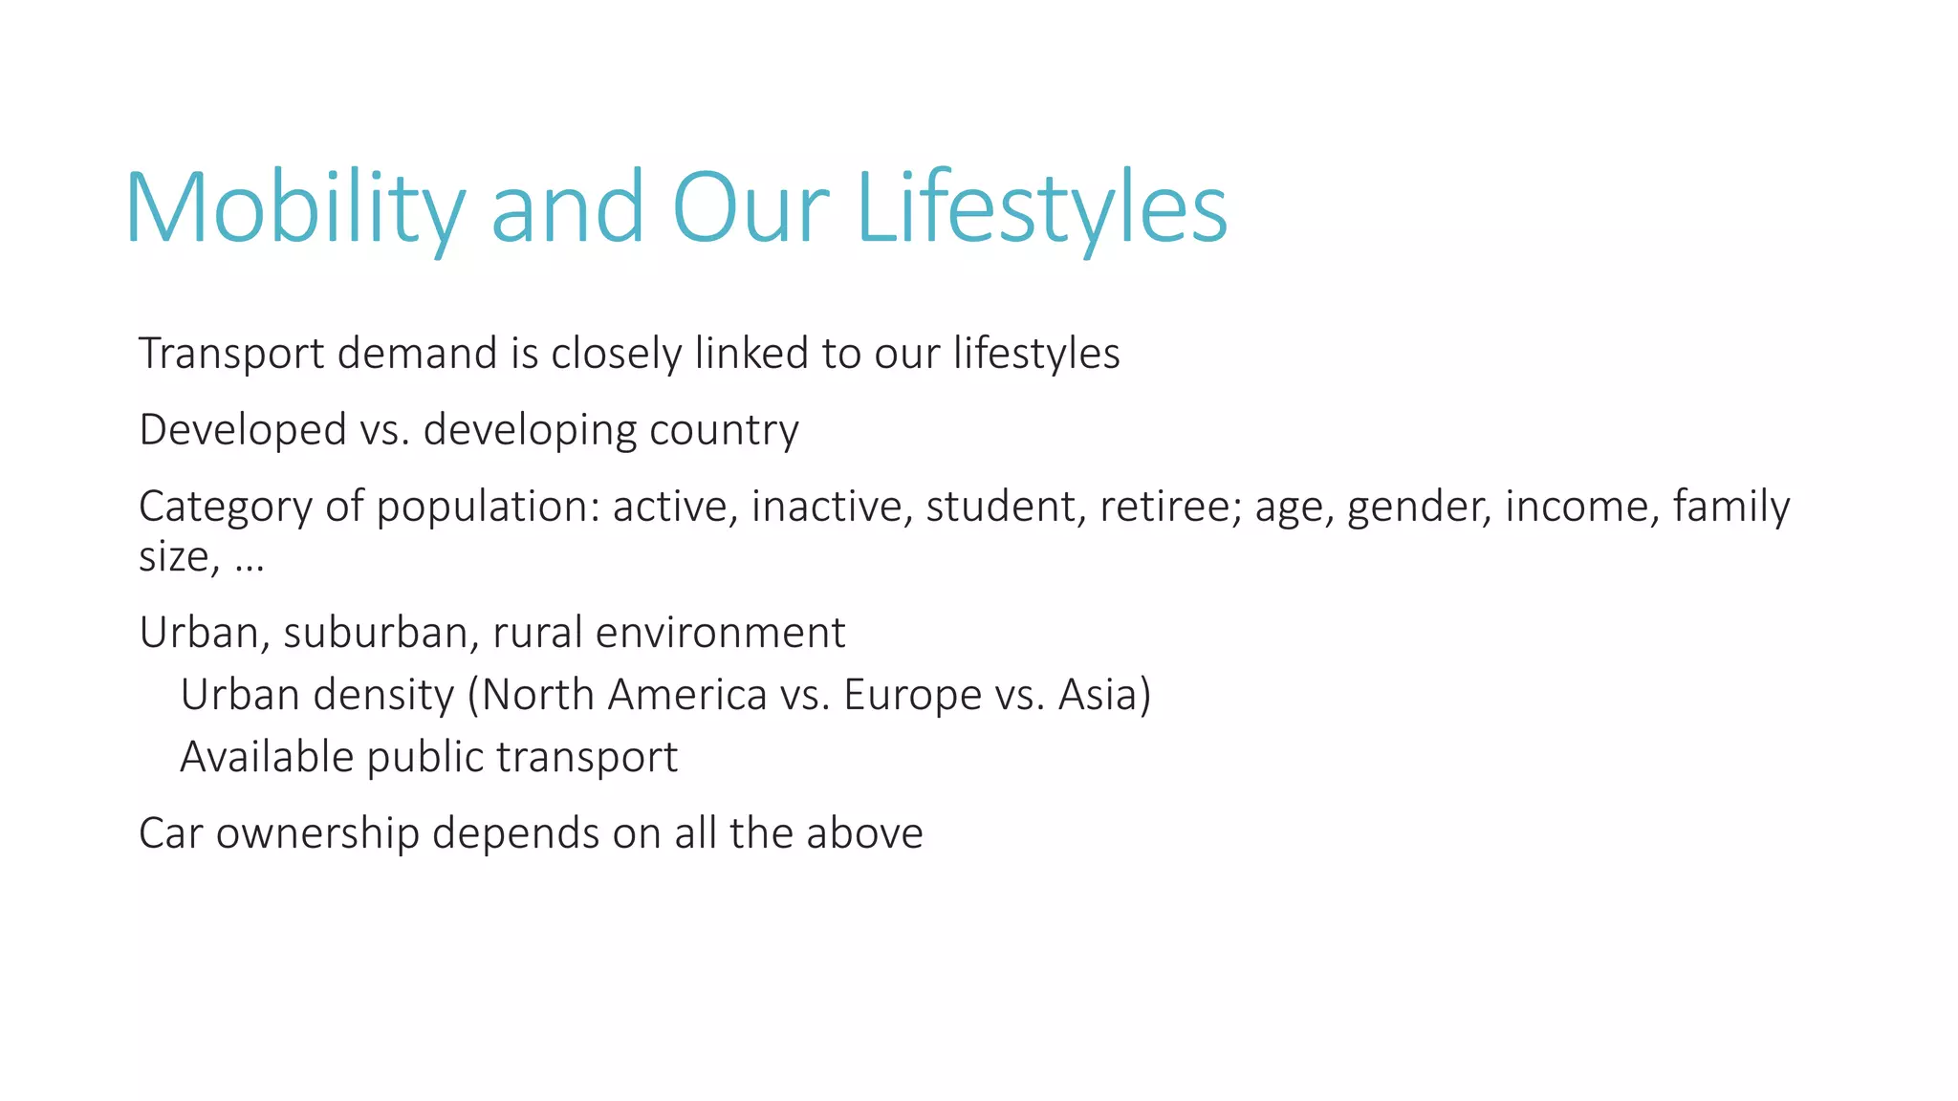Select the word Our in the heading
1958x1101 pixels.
[751, 208]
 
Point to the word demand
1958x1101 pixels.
[418, 353]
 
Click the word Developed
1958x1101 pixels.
[243, 431]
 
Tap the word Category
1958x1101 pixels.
[226, 507]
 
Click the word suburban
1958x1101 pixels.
[381, 633]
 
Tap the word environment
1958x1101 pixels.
[720, 633]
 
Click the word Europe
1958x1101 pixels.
[913, 696]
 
